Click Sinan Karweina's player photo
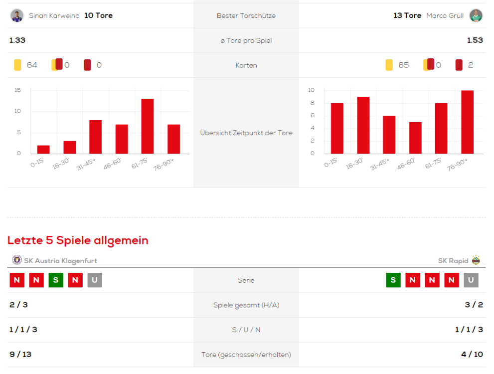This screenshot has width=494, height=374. pos(17,15)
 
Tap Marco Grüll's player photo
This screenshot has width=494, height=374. pos(476,15)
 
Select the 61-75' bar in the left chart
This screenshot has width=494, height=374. pos(148,126)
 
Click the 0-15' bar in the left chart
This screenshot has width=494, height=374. pos(43,149)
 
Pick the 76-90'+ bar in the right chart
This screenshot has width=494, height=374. pos(467,122)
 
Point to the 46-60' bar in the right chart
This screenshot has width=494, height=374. pos(415,138)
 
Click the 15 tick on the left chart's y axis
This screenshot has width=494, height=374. pos(18,90)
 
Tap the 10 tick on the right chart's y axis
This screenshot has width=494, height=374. pos(312,90)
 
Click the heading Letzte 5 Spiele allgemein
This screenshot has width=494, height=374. pos(78,240)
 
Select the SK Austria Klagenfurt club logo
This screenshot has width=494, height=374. pos(17,260)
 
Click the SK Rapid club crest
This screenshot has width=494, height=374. pos(476,260)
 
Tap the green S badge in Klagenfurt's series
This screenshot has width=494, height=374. pos(55,280)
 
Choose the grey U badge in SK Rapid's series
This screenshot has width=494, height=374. pos(471,280)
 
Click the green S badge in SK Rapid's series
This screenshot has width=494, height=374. pos(393,280)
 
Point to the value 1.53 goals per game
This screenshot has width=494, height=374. pos(475,40)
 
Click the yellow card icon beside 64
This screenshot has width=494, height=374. pos(17,65)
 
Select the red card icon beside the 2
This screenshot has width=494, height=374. pos(459,65)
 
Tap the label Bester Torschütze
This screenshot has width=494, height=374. pos(246,16)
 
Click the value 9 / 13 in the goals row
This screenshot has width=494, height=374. pos(20,355)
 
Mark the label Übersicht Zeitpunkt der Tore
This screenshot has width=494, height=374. pos(246,133)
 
